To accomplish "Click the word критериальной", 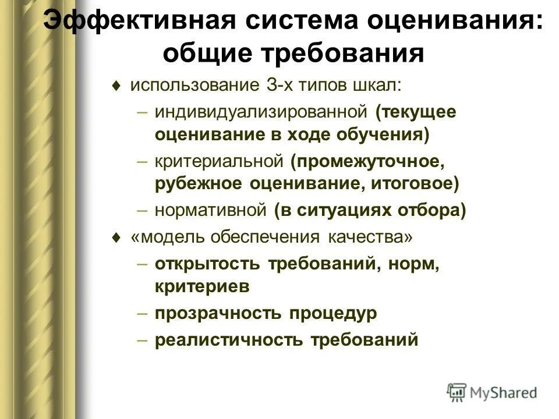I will (x=218, y=161).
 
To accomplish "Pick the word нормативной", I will (x=210, y=210).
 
